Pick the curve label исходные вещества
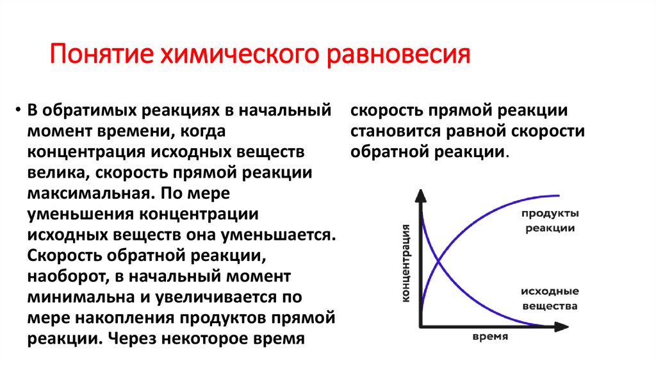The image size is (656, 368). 550,298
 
